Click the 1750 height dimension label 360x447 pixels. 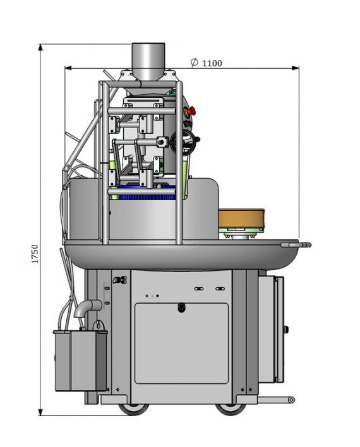click(x=35, y=253)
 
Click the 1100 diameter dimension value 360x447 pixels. click(x=212, y=63)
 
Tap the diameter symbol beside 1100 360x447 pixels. click(x=194, y=62)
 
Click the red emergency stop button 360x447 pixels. click(x=192, y=110)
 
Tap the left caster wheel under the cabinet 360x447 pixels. click(x=133, y=408)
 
